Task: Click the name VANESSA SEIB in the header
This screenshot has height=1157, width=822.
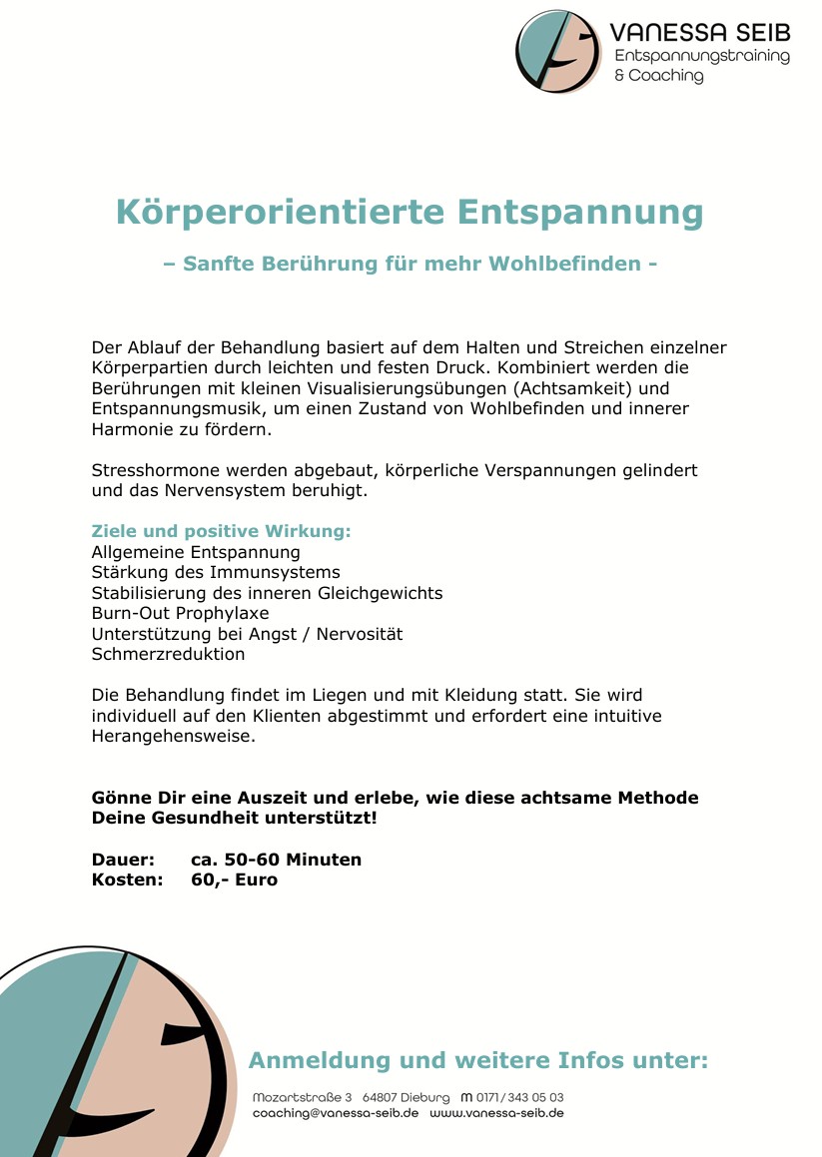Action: tap(699, 32)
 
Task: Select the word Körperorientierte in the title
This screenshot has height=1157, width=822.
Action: tap(280, 213)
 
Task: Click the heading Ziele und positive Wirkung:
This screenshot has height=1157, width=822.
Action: tap(221, 531)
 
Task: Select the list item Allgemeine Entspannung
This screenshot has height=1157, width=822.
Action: tap(196, 552)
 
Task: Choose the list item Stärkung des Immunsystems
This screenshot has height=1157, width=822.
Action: tap(216, 572)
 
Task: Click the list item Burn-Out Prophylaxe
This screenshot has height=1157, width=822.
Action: tap(180, 613)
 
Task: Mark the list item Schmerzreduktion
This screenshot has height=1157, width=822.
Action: tap(168, 655)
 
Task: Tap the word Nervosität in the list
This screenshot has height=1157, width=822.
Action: tap(360, 634)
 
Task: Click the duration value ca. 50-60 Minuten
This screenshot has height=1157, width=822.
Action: tap(276, 860)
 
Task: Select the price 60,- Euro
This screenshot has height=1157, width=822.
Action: tap(234, 879)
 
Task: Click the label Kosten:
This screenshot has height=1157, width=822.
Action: tap(127, 879)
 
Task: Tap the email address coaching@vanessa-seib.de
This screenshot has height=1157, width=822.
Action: tap(336, 1113)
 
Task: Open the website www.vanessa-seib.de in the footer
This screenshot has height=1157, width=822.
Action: tap(496, 1113)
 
